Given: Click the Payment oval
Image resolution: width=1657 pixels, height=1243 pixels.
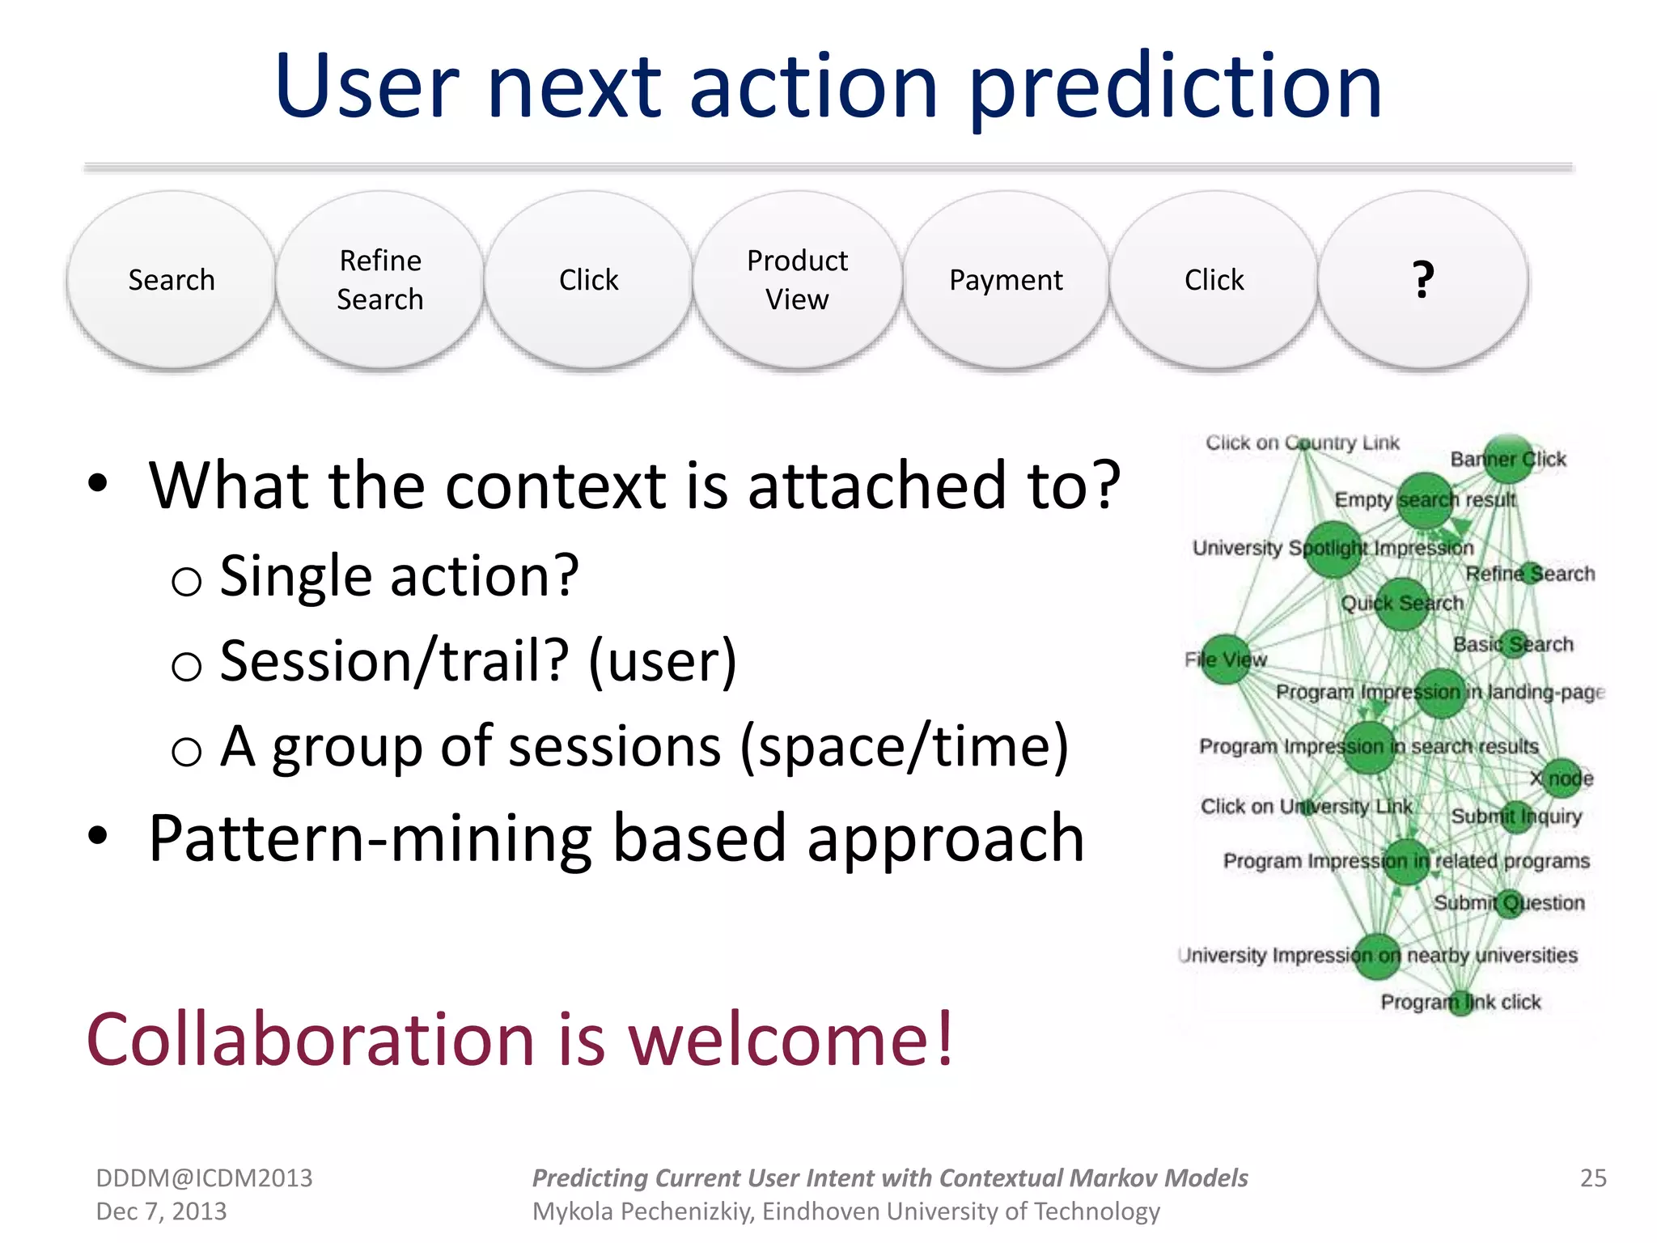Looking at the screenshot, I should pos(1006,280).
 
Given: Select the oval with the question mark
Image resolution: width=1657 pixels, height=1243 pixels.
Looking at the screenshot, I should pos(1422,280).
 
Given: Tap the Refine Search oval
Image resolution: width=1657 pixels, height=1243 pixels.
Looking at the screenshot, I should pos(380,280).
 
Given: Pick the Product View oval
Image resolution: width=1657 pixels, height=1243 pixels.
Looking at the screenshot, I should pos(797,280).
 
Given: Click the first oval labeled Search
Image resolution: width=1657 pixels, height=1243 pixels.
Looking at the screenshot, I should pos(172,280).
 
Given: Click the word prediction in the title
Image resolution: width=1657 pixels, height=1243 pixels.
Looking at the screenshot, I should pos(1175,87).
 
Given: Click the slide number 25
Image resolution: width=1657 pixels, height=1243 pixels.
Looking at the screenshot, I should pos(1592,1177).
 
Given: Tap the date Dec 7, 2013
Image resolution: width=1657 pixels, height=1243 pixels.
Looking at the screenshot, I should pos(161,1211).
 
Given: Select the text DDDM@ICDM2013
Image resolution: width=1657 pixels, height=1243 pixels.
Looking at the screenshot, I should pos(204,1177).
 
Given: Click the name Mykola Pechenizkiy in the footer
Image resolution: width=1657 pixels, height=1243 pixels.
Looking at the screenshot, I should pos(642,1211).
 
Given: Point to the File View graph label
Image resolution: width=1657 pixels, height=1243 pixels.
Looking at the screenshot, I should pos(1226,660).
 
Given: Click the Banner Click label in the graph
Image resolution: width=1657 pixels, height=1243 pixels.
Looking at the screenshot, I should pos(1508,459).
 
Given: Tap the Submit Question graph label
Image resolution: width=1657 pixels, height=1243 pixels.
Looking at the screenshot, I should pos(1509,902).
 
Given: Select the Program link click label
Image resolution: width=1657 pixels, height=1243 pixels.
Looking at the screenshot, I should pos(1460,1002).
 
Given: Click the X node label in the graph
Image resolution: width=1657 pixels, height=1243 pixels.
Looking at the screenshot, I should pos(1562,778).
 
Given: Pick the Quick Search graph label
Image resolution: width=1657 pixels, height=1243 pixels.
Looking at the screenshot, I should pos(1402,603).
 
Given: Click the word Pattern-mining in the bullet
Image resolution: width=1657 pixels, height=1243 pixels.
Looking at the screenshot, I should pos(370,839).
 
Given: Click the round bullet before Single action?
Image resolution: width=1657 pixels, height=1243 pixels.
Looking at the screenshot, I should pos(187,581).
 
